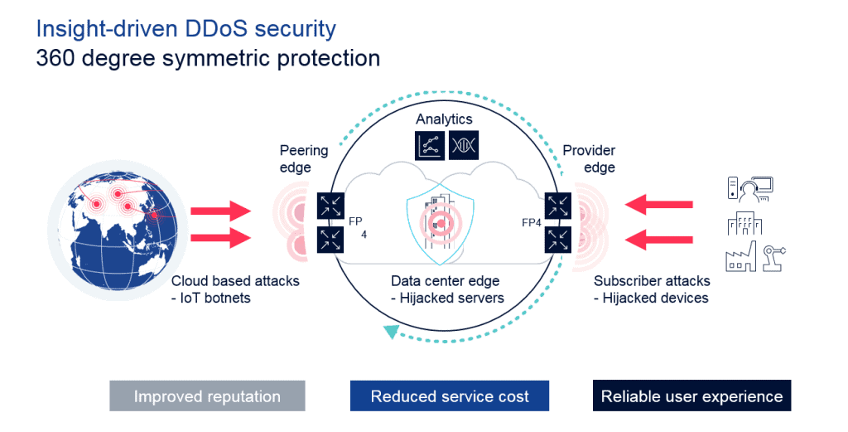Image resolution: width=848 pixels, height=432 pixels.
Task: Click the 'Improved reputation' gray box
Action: tap(207, 396)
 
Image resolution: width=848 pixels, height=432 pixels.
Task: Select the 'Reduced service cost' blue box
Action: tap(449, 396)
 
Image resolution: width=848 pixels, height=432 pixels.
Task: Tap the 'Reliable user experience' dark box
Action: tap(691, 396)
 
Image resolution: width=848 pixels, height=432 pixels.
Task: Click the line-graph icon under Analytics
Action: tap(429, 146)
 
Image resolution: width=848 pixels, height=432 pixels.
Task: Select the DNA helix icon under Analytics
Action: tap(463, 146)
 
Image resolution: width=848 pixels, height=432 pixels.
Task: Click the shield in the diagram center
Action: tap(440, 217)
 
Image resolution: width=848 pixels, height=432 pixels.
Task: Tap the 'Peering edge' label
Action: tap(303, 158)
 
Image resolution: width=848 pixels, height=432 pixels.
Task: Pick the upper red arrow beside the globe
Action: tap(220, 211)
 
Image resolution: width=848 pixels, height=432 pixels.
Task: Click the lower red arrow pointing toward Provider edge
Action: tap(658, 241)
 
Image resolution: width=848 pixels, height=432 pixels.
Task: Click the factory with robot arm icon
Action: tap(754, 257)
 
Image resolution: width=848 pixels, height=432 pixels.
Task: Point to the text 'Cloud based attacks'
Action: tap(235, 281)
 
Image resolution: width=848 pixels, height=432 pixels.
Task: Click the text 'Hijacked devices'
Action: tap(655, 298)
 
